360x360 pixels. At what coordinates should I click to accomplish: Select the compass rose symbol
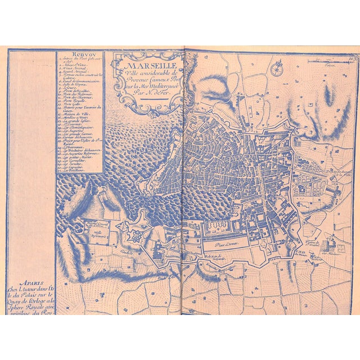(276, 71)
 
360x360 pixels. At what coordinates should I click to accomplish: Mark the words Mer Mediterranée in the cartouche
(153, 87)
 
